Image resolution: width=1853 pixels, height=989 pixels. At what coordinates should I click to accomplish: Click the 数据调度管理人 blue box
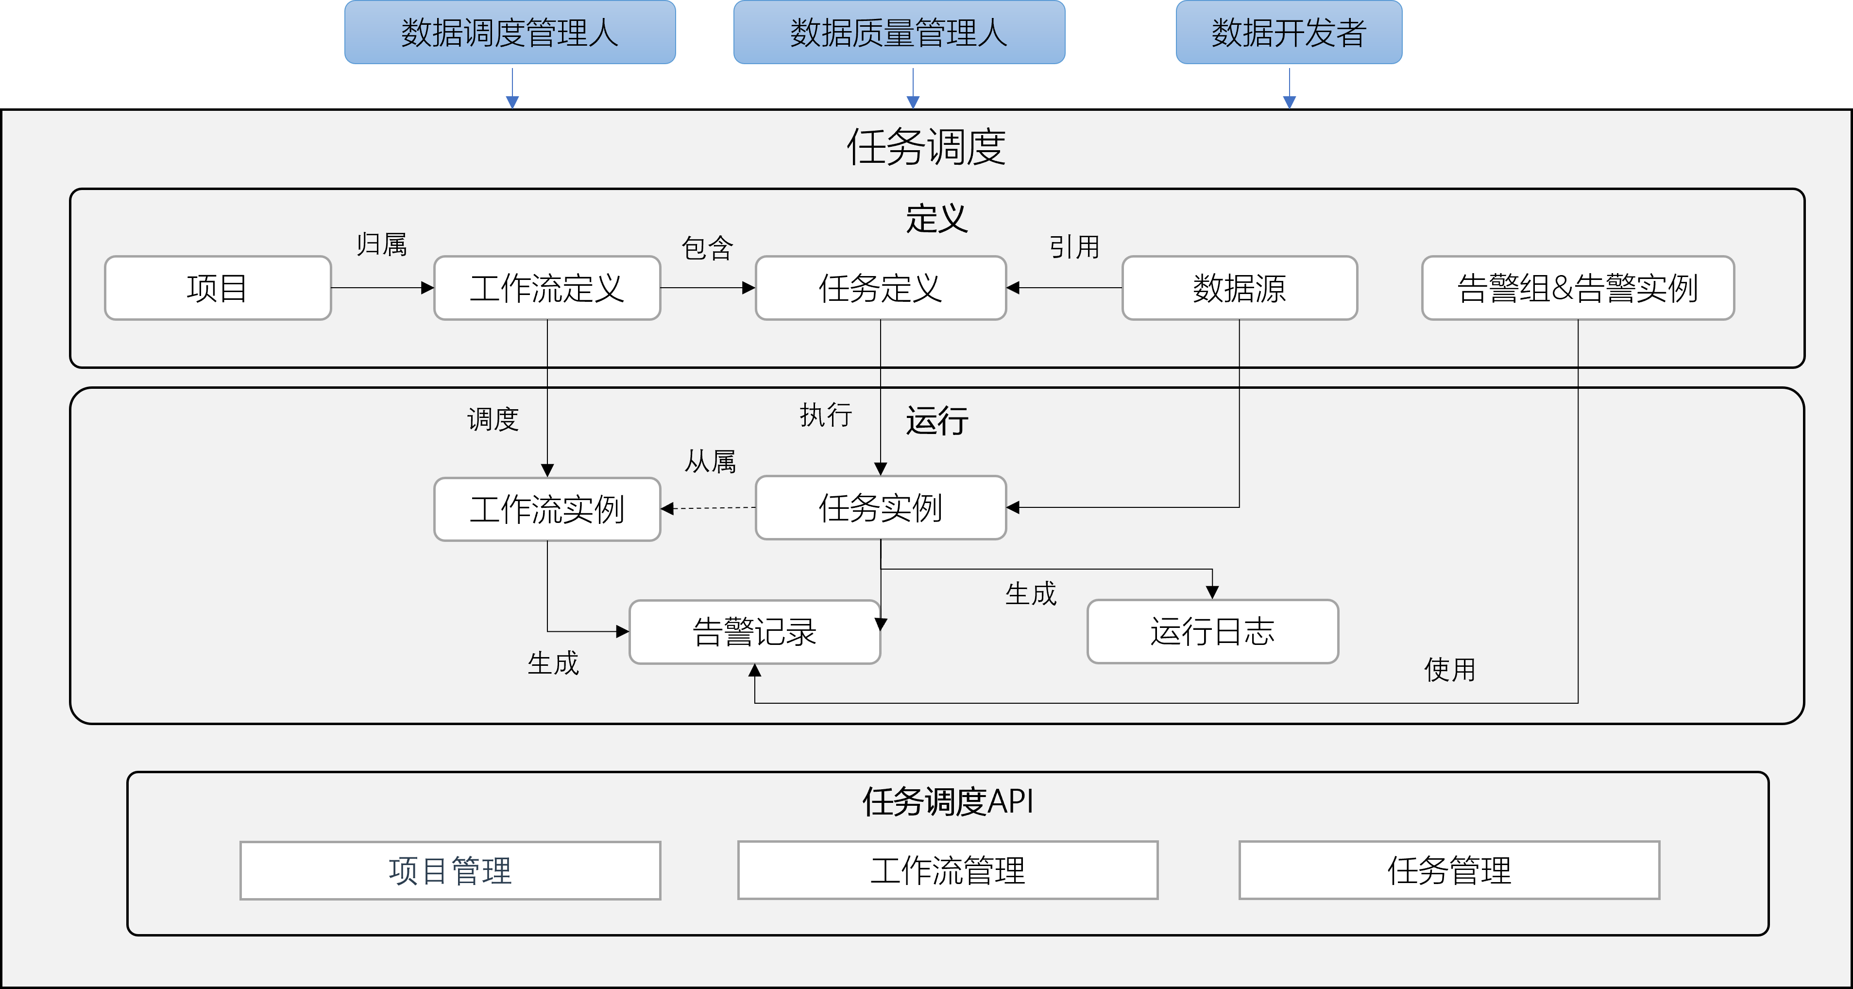(510, 33)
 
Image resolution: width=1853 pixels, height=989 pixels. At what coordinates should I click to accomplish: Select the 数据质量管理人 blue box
(899, 33)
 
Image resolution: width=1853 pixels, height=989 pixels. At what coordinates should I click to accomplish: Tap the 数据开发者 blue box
(1288, 33)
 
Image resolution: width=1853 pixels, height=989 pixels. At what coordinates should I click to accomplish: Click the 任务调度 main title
(926, 147)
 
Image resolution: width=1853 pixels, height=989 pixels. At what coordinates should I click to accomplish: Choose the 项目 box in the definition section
(217, 288)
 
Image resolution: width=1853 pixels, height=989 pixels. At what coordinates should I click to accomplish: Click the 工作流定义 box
(547, 288)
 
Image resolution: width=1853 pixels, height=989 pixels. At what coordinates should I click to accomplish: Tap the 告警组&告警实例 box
(1578, 288)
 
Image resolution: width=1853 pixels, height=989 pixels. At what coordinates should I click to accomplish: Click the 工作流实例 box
(547, 509)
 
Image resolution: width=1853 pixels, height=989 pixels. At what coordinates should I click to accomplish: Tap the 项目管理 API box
(450, 870)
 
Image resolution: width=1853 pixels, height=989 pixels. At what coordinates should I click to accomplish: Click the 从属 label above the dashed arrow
(710, 461)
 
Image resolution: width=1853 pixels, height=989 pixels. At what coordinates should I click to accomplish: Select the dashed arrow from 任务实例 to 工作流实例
(709, 508)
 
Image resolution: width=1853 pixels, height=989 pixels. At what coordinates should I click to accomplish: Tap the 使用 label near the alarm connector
(1449, 669)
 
